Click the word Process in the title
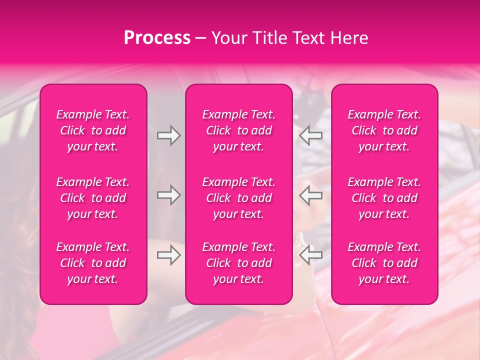(x=157, y=38)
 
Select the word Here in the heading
(x=348, y=38)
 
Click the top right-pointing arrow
(x=168, y=135)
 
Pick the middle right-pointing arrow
(x=168, y=195)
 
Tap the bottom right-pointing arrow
(x=168, y=255)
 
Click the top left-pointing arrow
(x=310, y=135)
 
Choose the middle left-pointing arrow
(x=310, y=195)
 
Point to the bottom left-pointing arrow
(x=310, y=255)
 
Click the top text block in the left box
(x=93, y=130)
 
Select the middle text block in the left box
(x=93, y=198)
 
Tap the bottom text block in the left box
(x=93, y=263)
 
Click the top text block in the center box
(x=239, y=130)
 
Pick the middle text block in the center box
(x=239, y=198)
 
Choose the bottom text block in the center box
(x=239, y=263)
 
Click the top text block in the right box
(x=384, y=130)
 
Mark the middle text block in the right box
(x=384, y=198)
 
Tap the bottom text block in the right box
(x=384, y=263)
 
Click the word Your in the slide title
(x=229, y=38)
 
